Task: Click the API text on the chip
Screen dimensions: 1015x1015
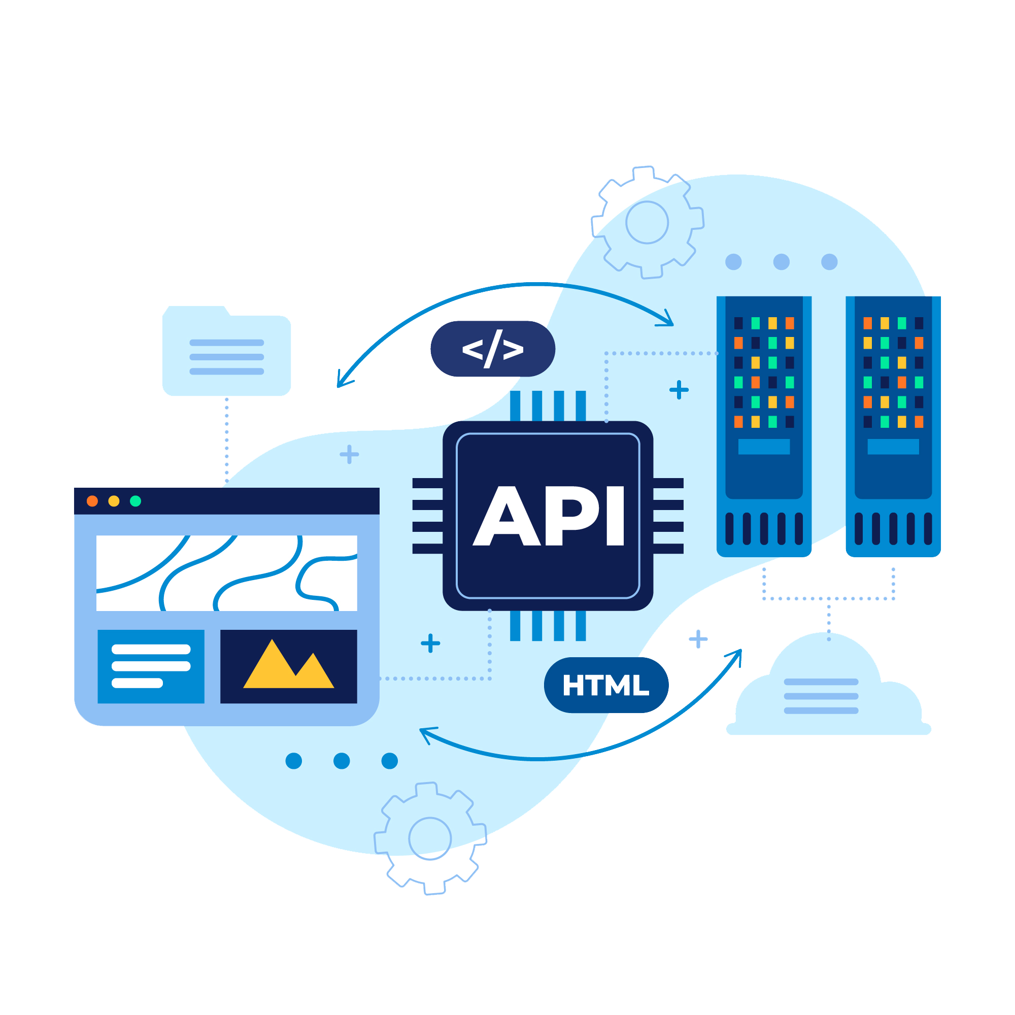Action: (x=549, y=516)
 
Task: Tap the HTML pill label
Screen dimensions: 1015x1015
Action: (x=606, y=685)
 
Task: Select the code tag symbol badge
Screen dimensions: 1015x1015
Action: (x=493, y=349)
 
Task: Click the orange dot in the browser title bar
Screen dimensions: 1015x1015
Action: (x=92, y=501)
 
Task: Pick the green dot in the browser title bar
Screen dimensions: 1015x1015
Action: (x=136, y=501)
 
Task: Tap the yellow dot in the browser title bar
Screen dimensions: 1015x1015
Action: (x=114, y=501)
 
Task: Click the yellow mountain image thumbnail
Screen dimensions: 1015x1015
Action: (x=288, y=666)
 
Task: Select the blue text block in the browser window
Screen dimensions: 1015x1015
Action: (x=151, y=666)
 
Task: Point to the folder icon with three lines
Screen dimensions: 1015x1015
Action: (x=226, y=350)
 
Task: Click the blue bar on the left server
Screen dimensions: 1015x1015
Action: (x=764, y=447)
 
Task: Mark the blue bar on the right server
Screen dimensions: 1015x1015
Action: (x=893, y=447)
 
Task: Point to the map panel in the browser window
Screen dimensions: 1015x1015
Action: (x=226, y=573)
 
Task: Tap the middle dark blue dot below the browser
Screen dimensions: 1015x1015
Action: (x=342, y=761)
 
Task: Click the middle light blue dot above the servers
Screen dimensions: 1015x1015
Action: (x=781, y=262)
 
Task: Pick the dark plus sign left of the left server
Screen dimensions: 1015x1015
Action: (x=679, y=390)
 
